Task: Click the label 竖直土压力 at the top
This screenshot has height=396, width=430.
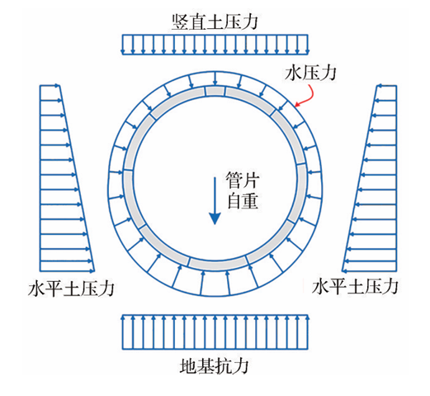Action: pos(215,21)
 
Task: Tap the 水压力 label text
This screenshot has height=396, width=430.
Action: pos(310,73)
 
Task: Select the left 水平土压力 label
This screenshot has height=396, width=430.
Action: pos(71,289)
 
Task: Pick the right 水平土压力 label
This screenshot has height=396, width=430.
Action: pos(355,286)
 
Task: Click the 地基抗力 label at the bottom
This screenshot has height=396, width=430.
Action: pos(215,366)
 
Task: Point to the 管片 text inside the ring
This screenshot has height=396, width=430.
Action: pos(243,180)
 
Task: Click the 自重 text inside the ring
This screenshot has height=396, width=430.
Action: pos(243,201)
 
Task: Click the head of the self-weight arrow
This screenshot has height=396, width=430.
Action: pos(215,219)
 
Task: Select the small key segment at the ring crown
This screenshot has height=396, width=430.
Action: pos(215,91)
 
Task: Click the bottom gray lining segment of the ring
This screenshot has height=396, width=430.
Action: pos(218,263)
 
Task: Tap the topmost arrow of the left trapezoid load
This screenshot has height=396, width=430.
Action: pos(50,86)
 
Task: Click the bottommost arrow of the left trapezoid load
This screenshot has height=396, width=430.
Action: pos(68,270)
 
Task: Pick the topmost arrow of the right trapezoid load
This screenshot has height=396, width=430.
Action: pos(386,86)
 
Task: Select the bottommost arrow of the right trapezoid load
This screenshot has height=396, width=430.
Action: pos(369,270)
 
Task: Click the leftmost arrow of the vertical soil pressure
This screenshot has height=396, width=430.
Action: pos(123,44)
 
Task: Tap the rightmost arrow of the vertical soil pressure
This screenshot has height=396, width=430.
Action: pos(307,44)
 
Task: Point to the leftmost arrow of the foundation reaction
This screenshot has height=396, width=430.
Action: pos(123,332)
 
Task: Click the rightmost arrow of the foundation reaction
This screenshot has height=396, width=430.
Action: pos(307,332)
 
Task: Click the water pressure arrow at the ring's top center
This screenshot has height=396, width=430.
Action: pos(215,79)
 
